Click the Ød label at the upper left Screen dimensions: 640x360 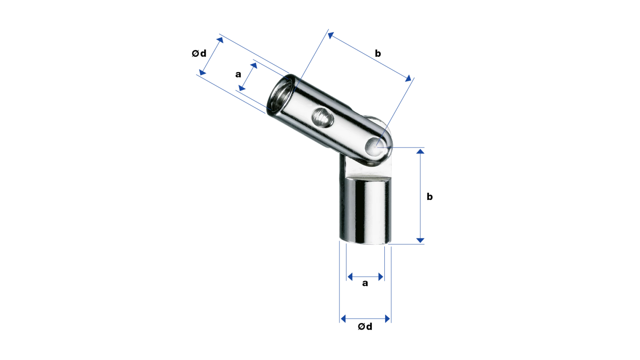pos(199,53)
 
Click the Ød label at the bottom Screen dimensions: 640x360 pos(365,327)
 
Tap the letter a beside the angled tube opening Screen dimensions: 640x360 pos(238,74)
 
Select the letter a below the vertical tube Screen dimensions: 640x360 pos(365,283)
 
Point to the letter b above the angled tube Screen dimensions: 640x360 pos(378,53)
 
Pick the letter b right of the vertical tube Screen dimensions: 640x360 pos(430,196)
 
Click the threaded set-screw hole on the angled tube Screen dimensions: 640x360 pos(322,117)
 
